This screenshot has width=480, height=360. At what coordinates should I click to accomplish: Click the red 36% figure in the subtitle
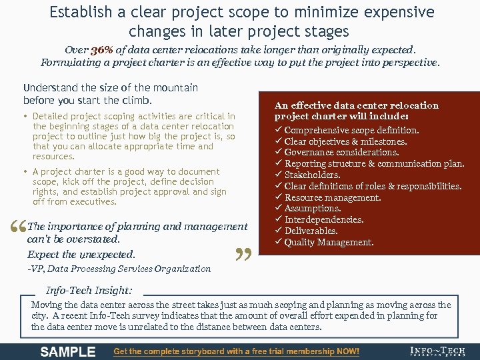coord(102,50)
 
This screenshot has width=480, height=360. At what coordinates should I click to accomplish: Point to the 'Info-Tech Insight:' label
coord(89,291)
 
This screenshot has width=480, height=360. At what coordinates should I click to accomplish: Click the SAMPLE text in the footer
coord(67,351)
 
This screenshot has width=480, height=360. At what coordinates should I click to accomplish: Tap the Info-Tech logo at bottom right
coord(437,351)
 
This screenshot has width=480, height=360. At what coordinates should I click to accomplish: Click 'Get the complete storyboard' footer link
coord(236,351)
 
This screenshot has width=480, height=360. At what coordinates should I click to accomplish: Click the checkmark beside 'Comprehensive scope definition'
coord(279,130)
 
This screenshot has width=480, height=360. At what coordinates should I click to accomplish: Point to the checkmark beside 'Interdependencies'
coord(279,219)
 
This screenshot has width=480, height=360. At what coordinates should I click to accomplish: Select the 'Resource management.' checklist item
coord(333,197)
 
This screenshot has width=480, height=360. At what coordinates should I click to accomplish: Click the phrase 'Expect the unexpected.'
coord(81,254)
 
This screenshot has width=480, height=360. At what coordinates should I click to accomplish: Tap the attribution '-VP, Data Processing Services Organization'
coord(119,269)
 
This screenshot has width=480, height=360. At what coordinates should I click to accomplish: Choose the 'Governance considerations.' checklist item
coord(341,152)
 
